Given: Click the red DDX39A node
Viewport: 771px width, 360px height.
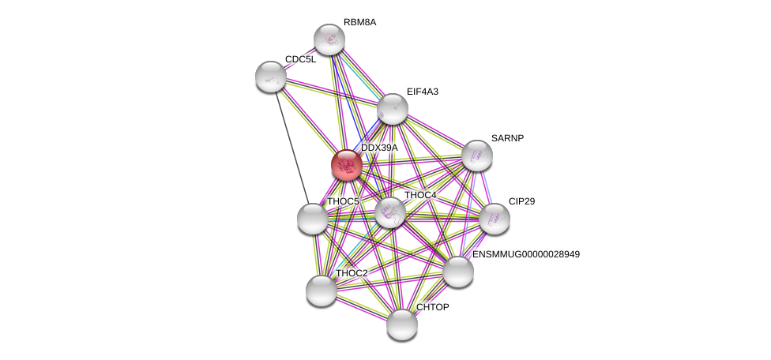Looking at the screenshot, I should coord(346,164).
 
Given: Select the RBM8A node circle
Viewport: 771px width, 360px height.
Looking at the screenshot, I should coord(329,39).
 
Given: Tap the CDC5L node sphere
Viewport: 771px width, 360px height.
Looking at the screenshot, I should coord(271,76).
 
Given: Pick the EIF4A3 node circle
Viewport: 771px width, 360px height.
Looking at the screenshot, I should coord(392,109).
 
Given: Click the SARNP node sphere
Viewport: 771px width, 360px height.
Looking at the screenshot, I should coord(477,156).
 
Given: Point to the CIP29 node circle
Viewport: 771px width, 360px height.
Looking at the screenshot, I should coord(494,219).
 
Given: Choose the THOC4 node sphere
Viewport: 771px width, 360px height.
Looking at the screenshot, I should coord(389,212).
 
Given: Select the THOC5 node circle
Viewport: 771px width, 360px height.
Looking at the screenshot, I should coord(312,219).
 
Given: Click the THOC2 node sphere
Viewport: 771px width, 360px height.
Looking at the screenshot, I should coord(322,290).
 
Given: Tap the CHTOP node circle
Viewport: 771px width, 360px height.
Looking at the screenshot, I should coord(402,324).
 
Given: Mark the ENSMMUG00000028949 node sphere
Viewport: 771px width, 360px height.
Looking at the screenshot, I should coord(457,272).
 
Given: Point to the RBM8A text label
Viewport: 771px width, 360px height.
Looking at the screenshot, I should coord(360,22).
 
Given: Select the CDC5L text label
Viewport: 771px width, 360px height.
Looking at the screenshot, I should coord(300,59).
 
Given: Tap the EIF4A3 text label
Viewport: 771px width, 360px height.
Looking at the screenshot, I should coord(422,92).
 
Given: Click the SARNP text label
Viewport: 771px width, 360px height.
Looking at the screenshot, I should coord(507,138).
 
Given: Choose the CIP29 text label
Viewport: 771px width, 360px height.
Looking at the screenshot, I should coord(521,201).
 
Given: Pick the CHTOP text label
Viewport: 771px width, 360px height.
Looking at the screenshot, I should coord(432,307).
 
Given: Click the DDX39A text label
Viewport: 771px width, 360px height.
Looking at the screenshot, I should coord(379,148).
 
